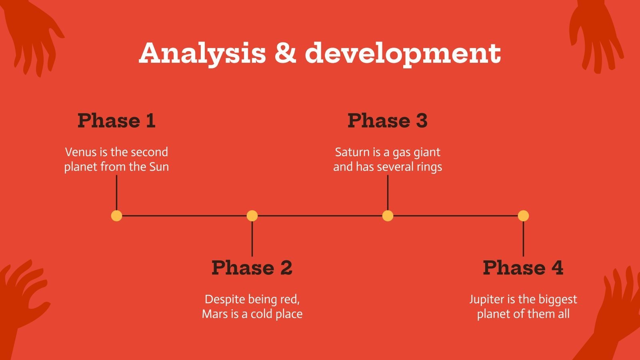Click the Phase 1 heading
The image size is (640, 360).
pos(116,120)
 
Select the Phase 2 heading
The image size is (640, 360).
pos(252,268)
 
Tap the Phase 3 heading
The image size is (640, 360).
pos(388,120)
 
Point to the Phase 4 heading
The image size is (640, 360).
pos(523,268)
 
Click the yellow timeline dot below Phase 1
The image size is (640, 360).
pos(116,216)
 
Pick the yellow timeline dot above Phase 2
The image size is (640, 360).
pos(252,216)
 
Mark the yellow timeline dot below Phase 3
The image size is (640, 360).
pos(388,216)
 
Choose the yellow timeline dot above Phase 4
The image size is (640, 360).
pos(523,216)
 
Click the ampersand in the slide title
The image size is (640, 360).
pos(286,53)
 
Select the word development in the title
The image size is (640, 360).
pos(403,54)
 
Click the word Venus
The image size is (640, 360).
pos(81,152)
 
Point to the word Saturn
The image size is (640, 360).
pos(352,152)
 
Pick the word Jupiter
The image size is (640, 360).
pos(487,300)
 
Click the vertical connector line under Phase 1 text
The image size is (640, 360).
pos(116,193)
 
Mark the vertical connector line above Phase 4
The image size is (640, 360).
pos(523,238)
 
